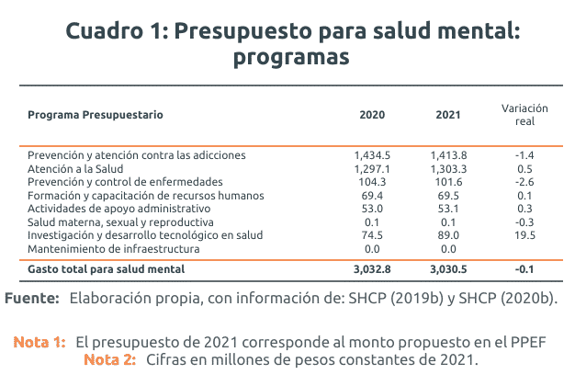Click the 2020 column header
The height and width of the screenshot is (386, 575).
point(372,116)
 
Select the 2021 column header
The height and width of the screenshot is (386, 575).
point(448,116)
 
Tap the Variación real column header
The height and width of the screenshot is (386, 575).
point(524,114)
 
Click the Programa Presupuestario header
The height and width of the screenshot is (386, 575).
point(96,116)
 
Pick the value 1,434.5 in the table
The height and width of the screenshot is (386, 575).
point(372,155)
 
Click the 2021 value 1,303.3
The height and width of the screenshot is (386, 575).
point(448,169)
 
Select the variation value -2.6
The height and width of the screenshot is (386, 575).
point(524,182)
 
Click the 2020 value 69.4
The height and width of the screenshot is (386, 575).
point(372,196)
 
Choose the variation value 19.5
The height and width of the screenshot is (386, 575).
point(524,236)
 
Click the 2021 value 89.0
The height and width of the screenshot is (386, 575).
point(448,236)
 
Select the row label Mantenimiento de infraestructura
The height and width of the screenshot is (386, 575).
point(114,249)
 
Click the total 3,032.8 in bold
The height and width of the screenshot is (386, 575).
point(372,269)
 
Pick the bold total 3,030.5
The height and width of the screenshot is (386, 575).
point(448,269)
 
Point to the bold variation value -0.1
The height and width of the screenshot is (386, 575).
point(524,269)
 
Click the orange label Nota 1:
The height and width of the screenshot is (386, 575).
point(39,342)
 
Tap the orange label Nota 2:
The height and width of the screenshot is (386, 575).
point(110,358)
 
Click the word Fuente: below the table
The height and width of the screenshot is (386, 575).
point(33,299)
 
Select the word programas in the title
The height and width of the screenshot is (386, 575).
point(292,56)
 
